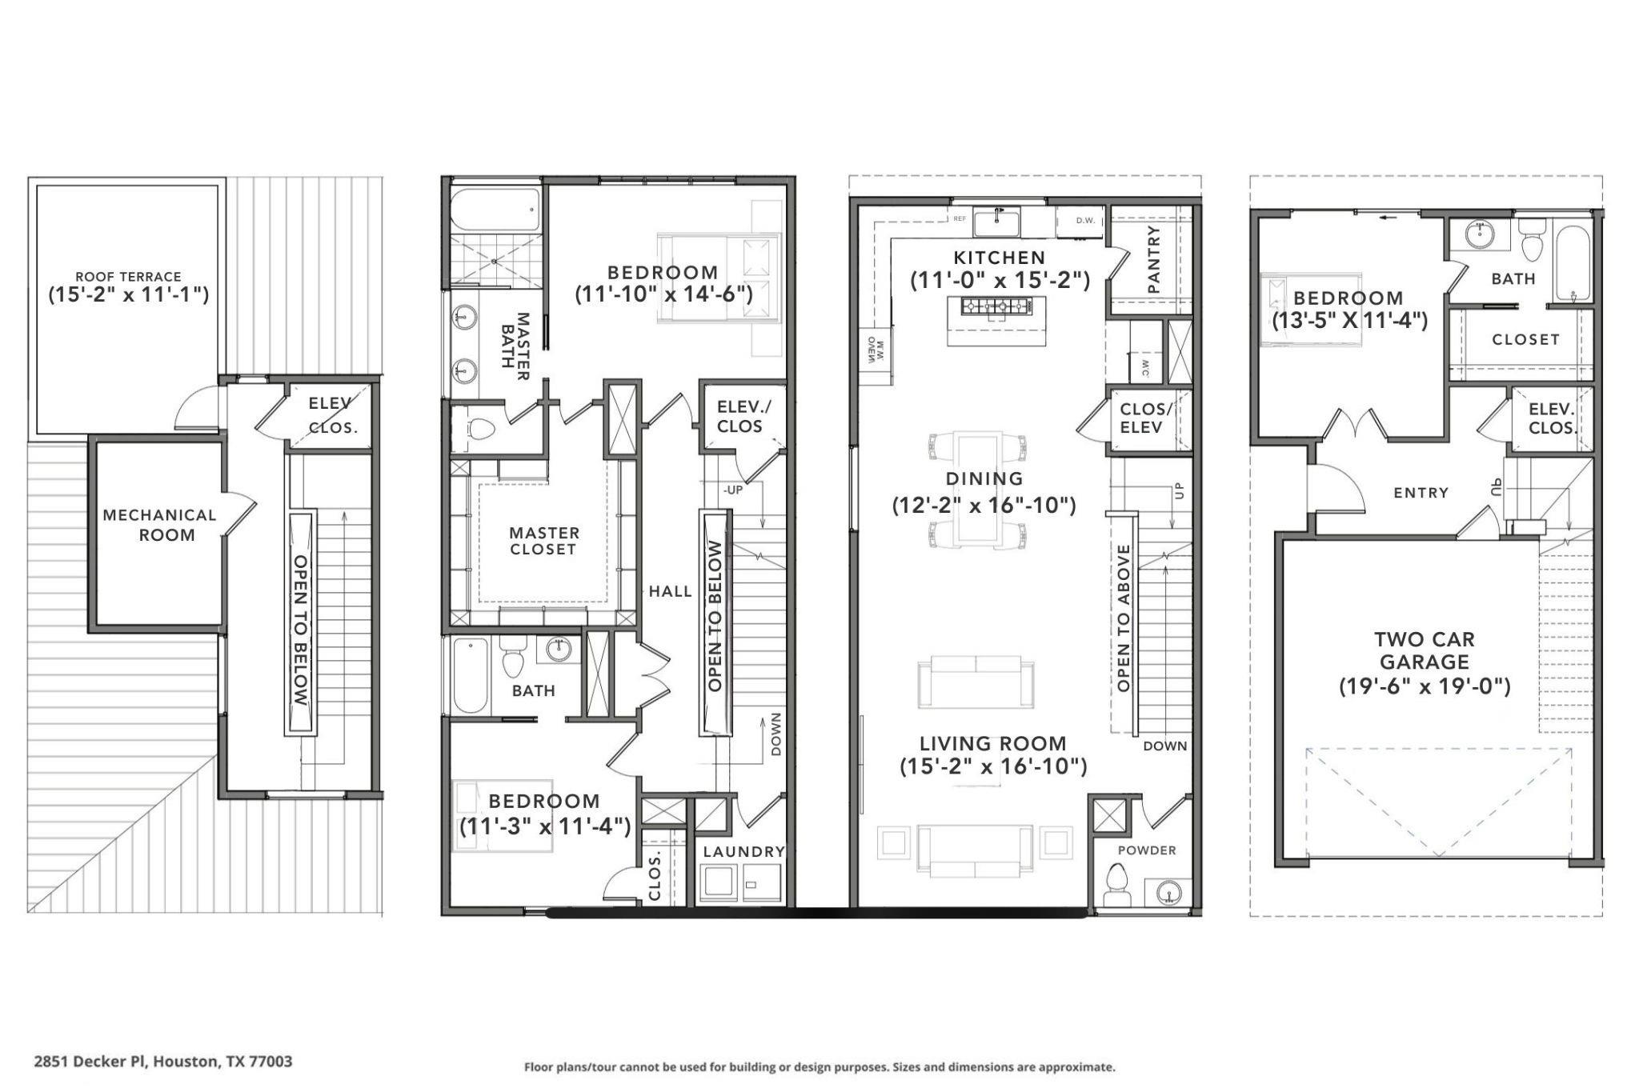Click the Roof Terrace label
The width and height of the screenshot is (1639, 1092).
(128, 277)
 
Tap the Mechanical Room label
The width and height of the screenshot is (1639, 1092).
(160, 525)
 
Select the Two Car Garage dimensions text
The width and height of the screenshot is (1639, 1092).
(1425, 686)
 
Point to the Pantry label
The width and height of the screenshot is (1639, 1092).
(1153, 259)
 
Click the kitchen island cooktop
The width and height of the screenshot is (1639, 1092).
(996, 306)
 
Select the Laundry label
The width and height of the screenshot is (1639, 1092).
(743, 851)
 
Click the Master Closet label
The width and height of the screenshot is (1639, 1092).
(543, 541)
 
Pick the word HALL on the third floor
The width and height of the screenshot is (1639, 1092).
(670, 592)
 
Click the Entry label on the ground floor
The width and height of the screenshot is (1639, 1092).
(1421, 493)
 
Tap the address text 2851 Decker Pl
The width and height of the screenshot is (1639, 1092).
(163, 1062)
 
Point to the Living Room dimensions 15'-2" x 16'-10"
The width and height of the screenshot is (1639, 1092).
(993, 766)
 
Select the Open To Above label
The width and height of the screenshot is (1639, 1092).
(1123, 618)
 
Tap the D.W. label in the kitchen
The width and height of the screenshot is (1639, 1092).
(1085, 220)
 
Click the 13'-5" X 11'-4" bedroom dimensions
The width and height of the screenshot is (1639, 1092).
(1350, 321)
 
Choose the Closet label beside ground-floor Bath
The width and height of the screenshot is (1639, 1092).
(1525, 339)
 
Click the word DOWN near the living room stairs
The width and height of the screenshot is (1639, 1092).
(1164, 746)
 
